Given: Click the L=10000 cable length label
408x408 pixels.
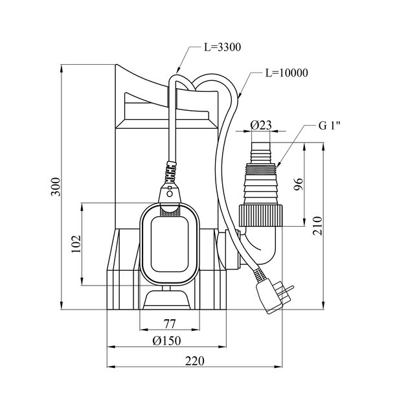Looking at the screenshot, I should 284,73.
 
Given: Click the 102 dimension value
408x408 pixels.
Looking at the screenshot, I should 75,244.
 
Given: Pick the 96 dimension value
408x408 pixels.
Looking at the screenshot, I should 299,185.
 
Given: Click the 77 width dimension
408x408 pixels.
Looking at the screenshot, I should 169,324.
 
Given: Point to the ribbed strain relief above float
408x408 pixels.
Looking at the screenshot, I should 169,173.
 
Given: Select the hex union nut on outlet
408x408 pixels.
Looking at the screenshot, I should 262,213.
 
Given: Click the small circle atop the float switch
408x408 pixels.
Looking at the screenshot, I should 169,192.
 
